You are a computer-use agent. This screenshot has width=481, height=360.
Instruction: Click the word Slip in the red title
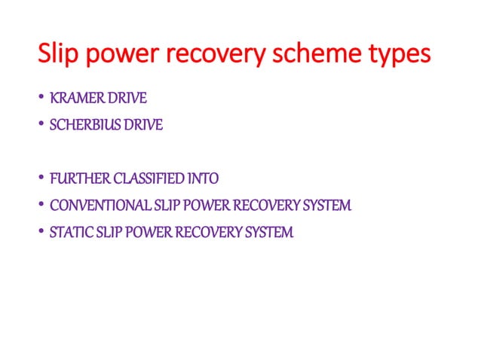58,56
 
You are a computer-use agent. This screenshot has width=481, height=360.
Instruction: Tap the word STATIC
69,233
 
